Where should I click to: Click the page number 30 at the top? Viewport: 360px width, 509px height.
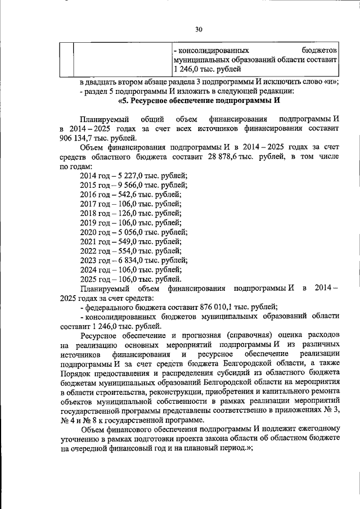tap(199, 29)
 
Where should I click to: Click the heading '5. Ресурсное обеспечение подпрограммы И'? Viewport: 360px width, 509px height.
tap(199, 101)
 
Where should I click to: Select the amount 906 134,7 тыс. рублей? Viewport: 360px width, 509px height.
tap(97, 138)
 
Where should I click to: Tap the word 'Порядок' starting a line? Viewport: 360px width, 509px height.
tap(75, 373)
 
